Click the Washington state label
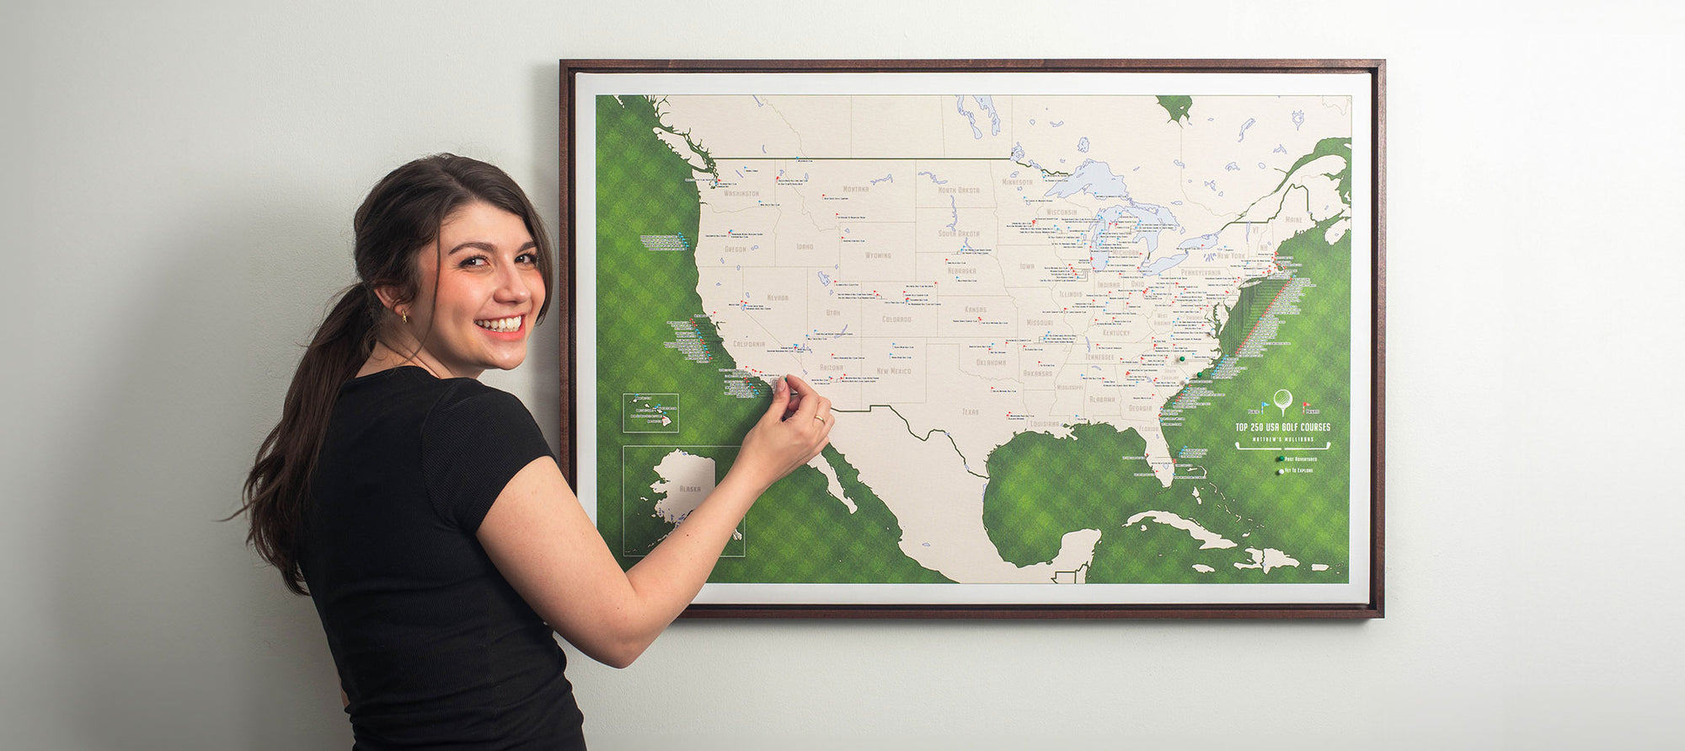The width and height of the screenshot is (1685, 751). pyautogui.click(x=741, y=193)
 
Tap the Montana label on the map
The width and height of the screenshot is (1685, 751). pyautogui.click(x=855, y=189)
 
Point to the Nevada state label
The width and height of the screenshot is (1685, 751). pyautogui.click(x=777, y=298)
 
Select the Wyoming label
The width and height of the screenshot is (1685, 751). pyautogui.click(x=878, y=255)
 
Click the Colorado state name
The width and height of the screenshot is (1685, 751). pyautogui.click(x=896, y=319)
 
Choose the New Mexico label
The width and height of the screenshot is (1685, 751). pyautogui.click(x=893, y=371)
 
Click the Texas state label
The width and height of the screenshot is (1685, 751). pyautogui.click(x=971, y=412)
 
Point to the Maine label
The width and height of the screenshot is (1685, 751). pyautogui.click(x=1293, y=220)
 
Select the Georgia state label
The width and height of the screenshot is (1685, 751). pyautogui.click(x=1140, y=408)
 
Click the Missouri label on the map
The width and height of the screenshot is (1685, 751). pyautogui.click(x=1040, y=323)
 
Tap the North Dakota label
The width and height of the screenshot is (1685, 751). pyautogui.click(x=958, y=190)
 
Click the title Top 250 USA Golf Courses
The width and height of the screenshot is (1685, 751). pyautogui.click(x=1282, y=427)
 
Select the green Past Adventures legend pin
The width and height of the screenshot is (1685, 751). pyautogui.click(x=1279, y=459)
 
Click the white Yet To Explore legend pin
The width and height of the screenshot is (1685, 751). pyautogui.click(x=1279, y=471)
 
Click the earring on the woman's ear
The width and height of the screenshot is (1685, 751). pyautogui.click(x=404, y=317)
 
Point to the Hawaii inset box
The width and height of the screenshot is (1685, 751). pyautogui.click(x=650, y=413)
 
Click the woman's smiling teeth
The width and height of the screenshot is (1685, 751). pyautogui.click(x=500, y=324)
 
